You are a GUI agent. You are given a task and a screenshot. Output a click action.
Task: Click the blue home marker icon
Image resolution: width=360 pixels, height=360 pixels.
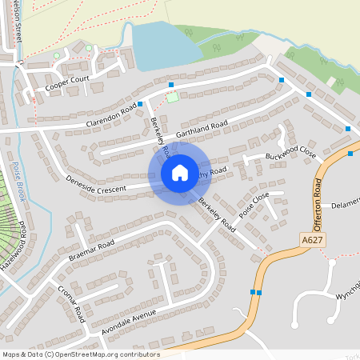click(180, 173)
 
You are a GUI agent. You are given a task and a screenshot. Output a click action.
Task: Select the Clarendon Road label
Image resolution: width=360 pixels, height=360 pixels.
click(112, 119)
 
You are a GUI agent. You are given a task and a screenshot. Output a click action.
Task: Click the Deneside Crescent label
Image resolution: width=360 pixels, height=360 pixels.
click(96, 181)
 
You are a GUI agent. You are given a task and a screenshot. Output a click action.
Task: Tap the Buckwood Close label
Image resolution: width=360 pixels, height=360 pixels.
click(291, 155)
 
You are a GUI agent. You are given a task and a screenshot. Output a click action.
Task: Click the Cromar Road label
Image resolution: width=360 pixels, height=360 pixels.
click(72, 302)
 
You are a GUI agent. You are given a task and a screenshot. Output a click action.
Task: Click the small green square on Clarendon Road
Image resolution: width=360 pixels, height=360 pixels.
click(172, 98)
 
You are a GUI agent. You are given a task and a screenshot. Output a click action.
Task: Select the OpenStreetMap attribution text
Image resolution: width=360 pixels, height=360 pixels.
click(81, 354)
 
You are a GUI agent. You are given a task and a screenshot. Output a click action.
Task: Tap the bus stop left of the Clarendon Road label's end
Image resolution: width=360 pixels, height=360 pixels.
click(140, 104)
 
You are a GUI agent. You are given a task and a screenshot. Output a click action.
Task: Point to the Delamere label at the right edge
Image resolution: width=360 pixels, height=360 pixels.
click(346, 206)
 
